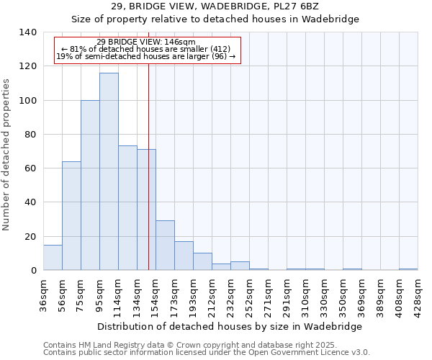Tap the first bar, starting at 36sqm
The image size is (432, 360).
pyautogui.click(x=53, y=257)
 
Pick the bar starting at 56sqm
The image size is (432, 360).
pyautogui.click(x=71, y=215)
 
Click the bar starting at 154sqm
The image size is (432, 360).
pyautogui.click(x=165, y=245)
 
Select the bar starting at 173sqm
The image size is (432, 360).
pyautogui.click(x=184, y=256)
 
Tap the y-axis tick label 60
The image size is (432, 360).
pyautogui.click(x=30, y=168)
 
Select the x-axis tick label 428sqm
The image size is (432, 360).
pyautogui.click(x=418, y=293)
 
